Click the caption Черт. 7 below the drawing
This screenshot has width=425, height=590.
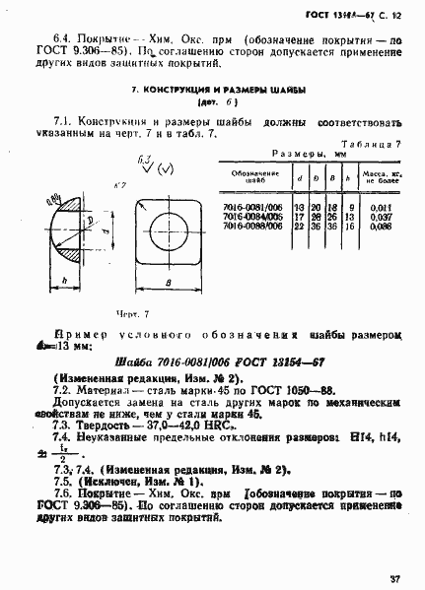[131, 313]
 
